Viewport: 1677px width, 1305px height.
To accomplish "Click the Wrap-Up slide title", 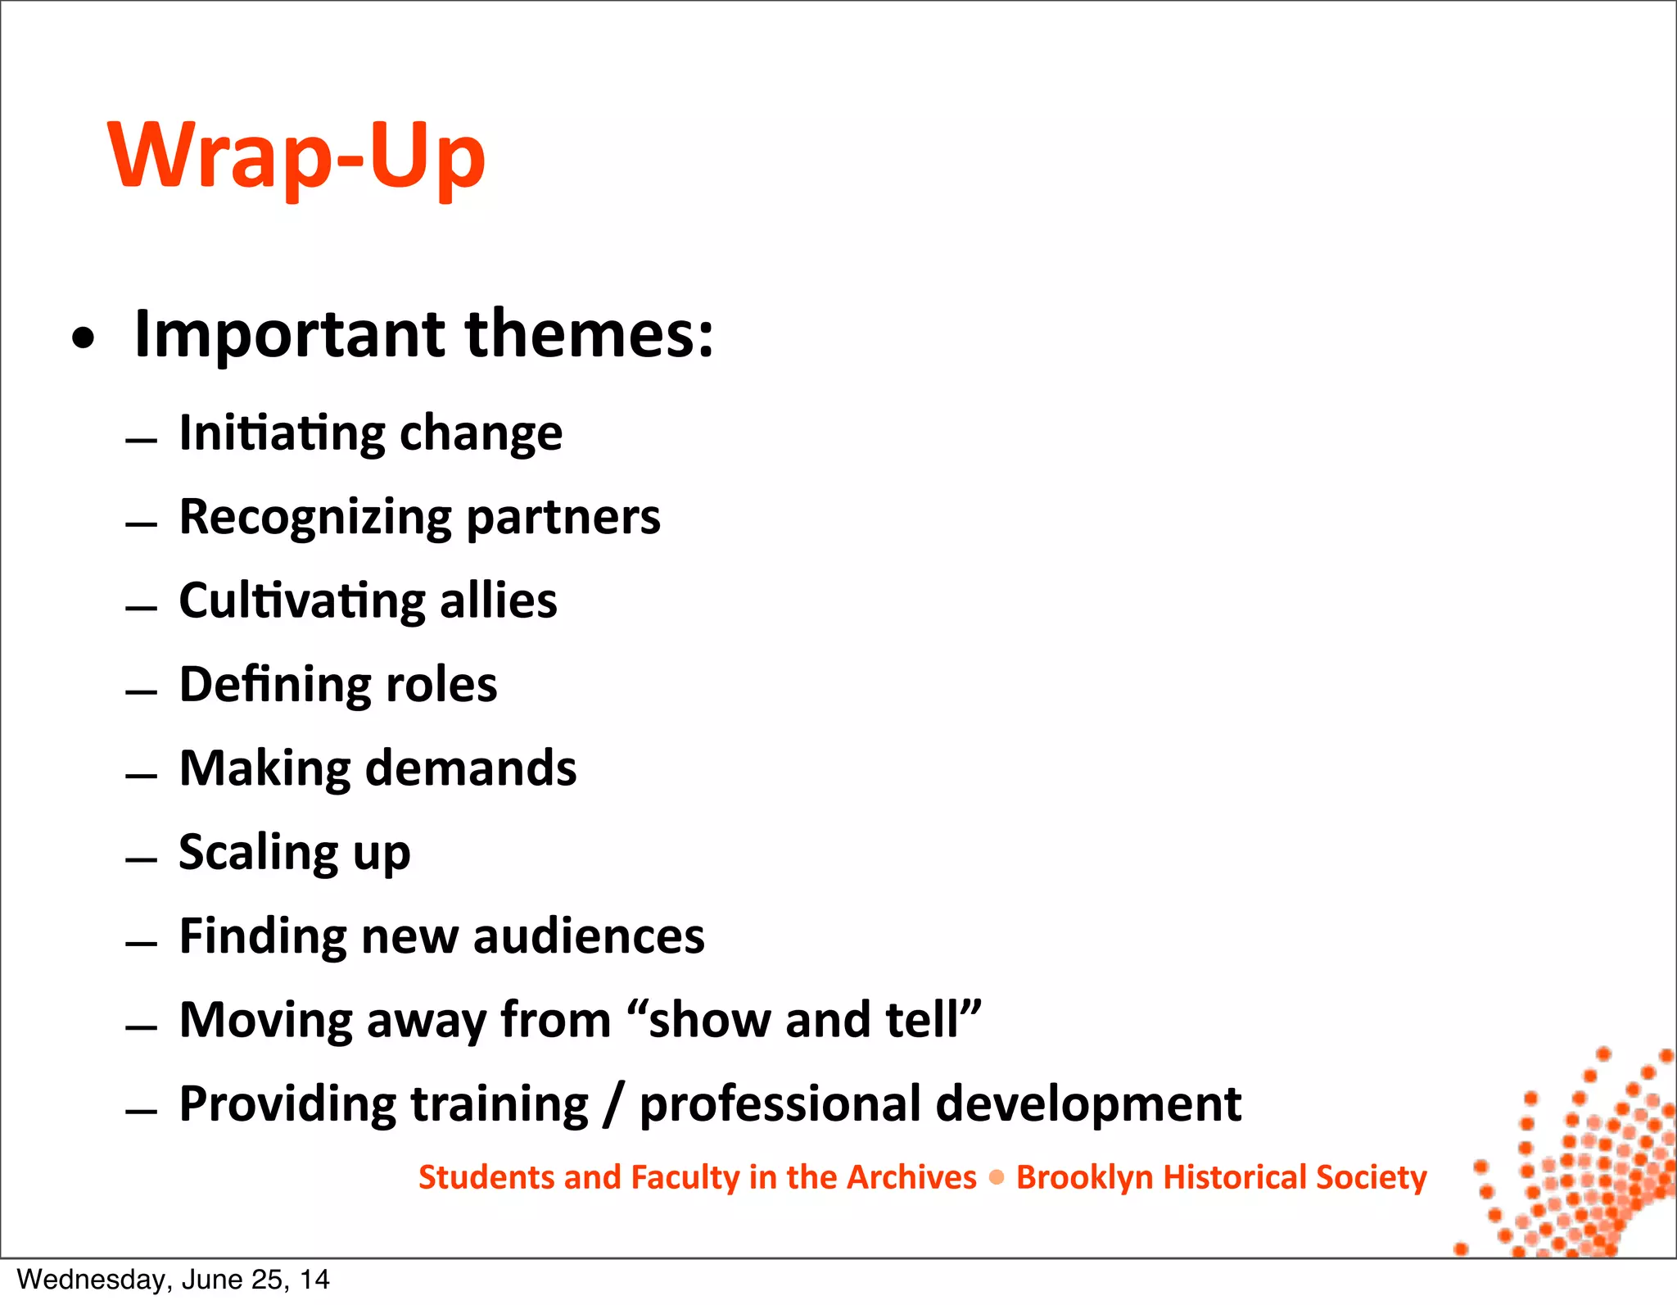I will tap(296, 156).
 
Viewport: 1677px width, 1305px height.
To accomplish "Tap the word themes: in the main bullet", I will tap(590, 334).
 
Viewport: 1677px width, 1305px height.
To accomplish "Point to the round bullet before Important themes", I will tap(83, 338).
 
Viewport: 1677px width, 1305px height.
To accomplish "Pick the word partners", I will tap(563, 519).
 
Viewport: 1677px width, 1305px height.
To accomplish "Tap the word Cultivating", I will tap(302, 601).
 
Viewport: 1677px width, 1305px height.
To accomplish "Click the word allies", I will tap(499, 601).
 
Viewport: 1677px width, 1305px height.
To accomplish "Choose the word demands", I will tap(471, 768).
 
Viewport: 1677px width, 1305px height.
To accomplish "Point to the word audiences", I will tap(589, 936).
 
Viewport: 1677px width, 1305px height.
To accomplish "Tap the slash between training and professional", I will tap(614, 1105).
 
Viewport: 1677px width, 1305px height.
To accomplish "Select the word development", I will tap(1088, 1105).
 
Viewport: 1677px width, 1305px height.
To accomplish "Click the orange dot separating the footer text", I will tap(997, 1178).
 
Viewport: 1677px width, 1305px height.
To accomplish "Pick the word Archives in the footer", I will tap(911, 1178).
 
